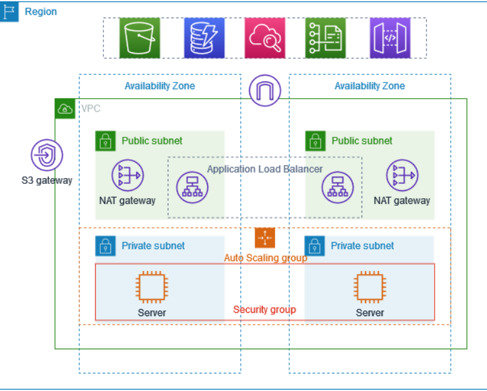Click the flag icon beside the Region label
(x=10, y=12)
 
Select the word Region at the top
(x=41, y=12)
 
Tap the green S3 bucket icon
(x=139, y=38)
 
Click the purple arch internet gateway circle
(x=265, y=91)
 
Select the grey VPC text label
(x=90, y=109)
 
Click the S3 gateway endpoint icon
(x=47, y=155)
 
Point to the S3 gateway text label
(x=47, y=180)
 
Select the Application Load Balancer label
(x=265, y=169)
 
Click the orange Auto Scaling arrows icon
(x=265, y=238)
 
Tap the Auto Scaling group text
(x=265, y=258)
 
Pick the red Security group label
(x=264, y=310)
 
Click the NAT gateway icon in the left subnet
(x=127, y=175)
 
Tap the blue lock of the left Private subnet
(x=105, y=246)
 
